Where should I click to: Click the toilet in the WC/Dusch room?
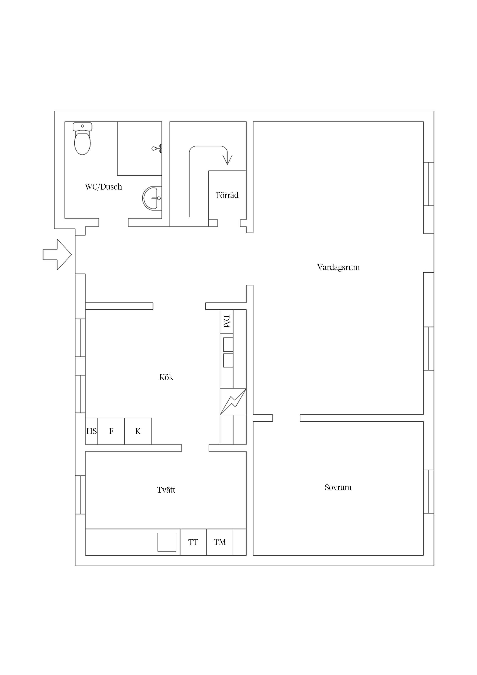point(82,139)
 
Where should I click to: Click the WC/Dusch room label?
point(103,187)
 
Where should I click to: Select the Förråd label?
point(227,195)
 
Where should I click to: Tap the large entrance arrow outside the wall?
point(57,255)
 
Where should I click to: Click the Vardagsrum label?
point(338,267)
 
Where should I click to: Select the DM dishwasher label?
point(226,322)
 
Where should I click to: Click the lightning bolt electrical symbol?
point(233,402)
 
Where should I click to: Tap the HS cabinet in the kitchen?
point(91,431)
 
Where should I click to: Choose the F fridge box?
point(111,431)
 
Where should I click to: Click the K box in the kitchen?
point(138,431)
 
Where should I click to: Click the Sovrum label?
point(338,487)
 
